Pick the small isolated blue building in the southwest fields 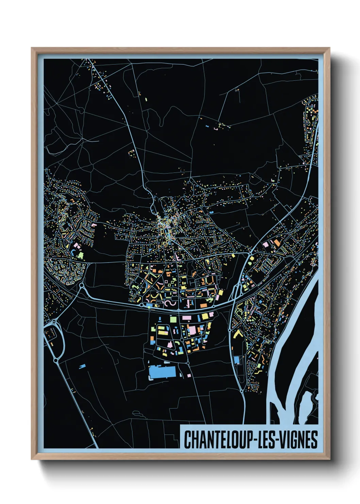(82, 366)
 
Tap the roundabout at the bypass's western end (82, 286)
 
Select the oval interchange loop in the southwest (54, 337)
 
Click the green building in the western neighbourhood (80, 254)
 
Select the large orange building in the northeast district (277, 242)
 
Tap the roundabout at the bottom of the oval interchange (55, 360)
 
